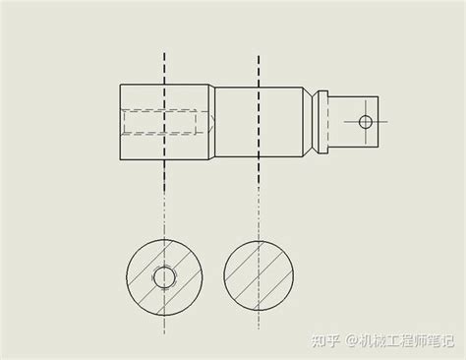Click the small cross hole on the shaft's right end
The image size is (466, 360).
[x=365, y=122]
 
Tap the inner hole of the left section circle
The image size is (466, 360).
[x=164, y=276]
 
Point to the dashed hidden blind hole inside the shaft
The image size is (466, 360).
[x=167, y=122]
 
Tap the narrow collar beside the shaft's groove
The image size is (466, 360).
[x=322, y=122]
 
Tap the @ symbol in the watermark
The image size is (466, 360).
[x=349, y=341]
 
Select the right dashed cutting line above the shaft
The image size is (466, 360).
[x=258, y=69]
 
